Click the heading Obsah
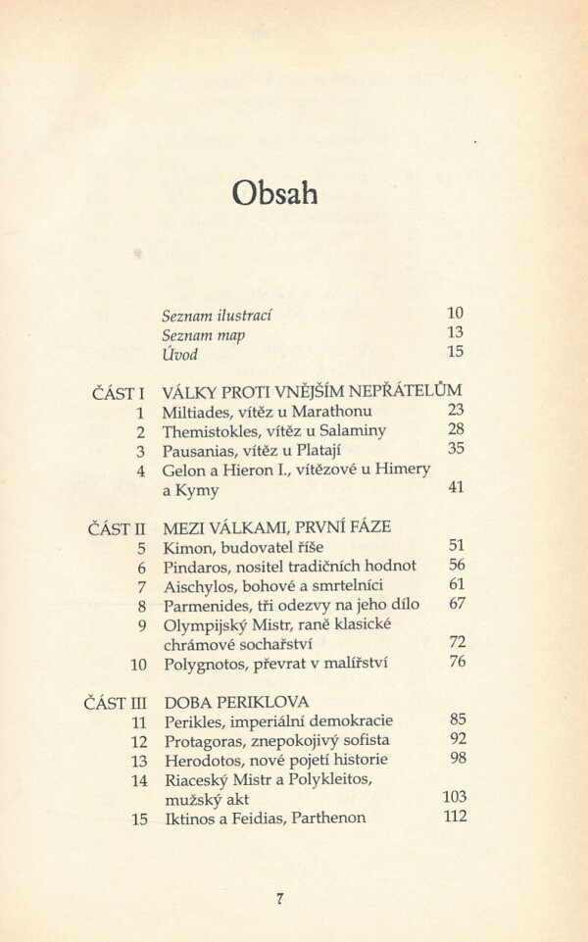tap(275, 191)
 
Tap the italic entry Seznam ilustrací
tap(217, 316)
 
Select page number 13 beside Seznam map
tap(455, 333)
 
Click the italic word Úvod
tap(180, 354)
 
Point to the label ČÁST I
tap(112, 393)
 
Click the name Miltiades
tap(200, 412)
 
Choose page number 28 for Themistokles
tap(455, 430)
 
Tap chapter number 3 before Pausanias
tap(141, 451)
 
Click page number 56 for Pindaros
tap(456, 565)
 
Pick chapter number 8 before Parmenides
tap(141, 605)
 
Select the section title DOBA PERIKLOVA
tap(235, 702)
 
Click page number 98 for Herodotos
tap(456, 759)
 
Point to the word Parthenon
tap(322, 818)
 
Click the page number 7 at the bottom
tap(281, 897)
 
